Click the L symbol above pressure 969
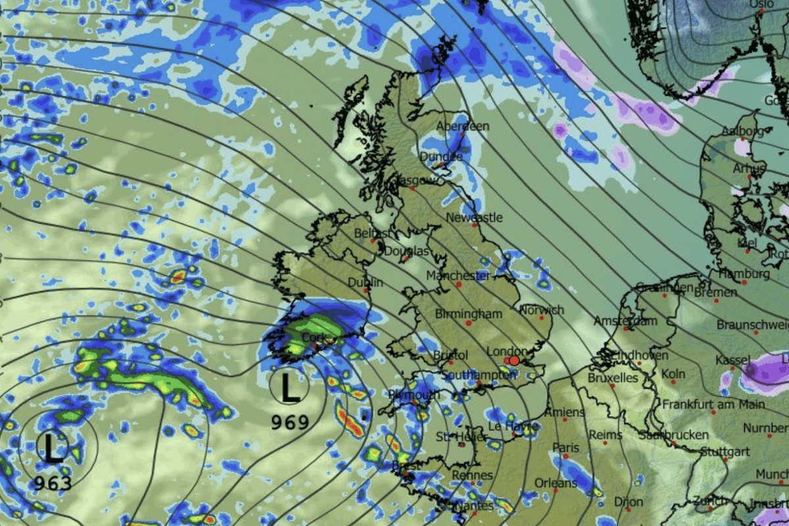(x=290, y=387)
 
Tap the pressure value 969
(x=290, y=421)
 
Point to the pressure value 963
(x=53, y=483)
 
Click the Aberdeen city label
(x=463, y=126)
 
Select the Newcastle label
(x=474, y=217)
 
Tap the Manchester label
(x=458, y=275)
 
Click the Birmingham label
(x=468, y=314)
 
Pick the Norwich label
(x=542, y=310)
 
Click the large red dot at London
(x=514, y=360)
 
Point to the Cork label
(x=314, y=337)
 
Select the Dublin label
(x=366, y=283)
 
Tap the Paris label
(x=566, y=448)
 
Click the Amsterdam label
(x=625, y=321)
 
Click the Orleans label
(x=556, y=483)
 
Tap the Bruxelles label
(x=613, y=378)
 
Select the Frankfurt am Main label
(x=713, y=403)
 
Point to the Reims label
(x=606, y=435)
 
